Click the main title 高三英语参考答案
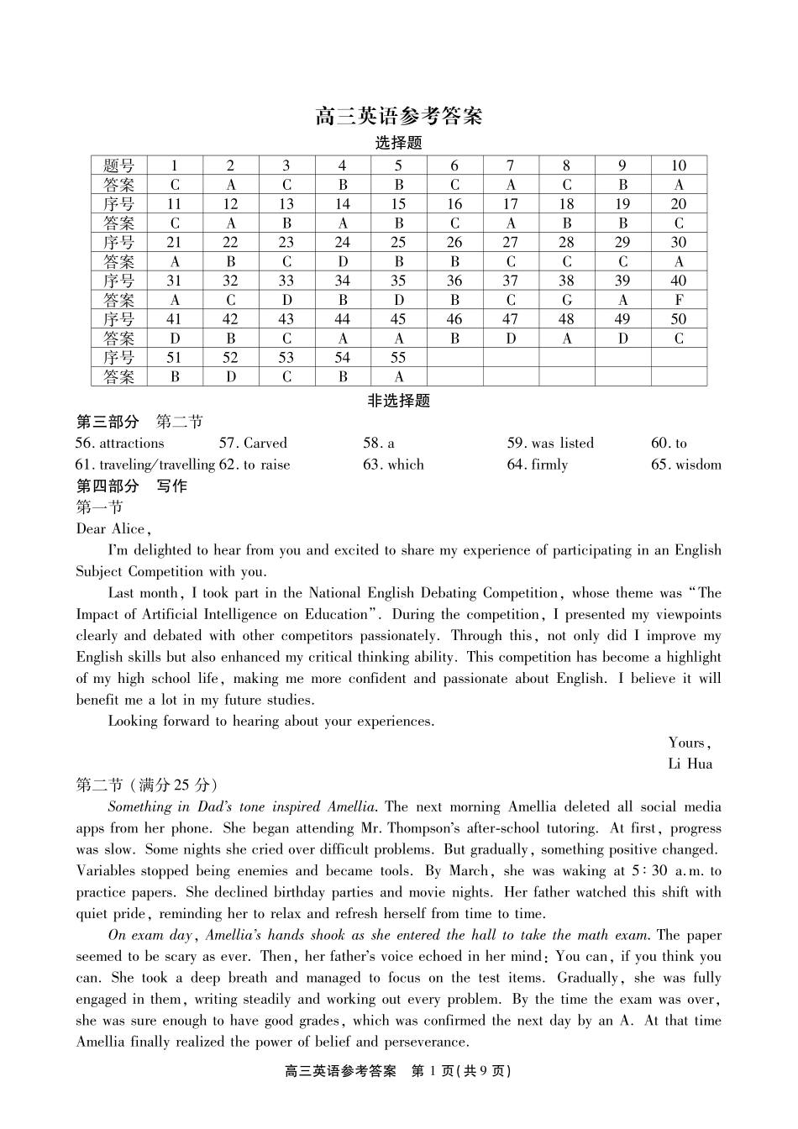[x=398, y=116]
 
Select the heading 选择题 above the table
[x=398, y=143]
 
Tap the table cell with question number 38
[x=567, y=281]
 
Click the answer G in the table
[x=567, y=300]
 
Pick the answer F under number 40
[x=679, y=300]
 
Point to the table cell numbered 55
[x=398, y=358]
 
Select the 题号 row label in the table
[x=119, y=165]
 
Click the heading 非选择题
[x=398, y=401]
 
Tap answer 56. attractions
[x=120, y=444]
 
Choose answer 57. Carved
[x=253, y=444]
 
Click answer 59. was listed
[x=550, y=444]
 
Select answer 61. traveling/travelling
[x=145, y=465]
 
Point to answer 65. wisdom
[x=685, y=465]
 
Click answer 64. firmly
[x=538, y=465]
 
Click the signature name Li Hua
[x=690, y=764]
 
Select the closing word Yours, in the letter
[x=690, y=743]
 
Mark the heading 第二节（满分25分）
[x=148, y=785]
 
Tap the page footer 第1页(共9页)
[x=459, y=1071]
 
